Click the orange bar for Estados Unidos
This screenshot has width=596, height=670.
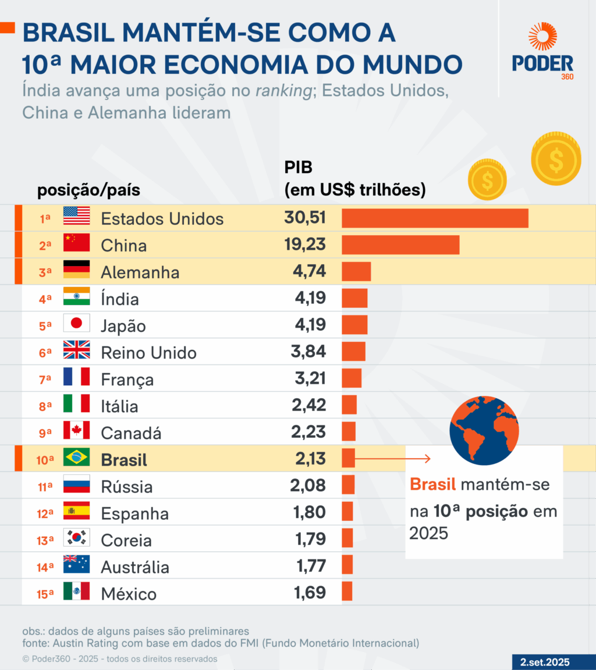tap(435, 218)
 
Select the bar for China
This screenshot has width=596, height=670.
tap(400, 245)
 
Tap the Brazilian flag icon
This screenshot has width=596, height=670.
tap(77, 458)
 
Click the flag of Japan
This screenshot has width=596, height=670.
tap(77, 323)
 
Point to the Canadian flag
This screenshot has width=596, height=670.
tap(77, 431)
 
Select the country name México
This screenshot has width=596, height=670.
tap(129, 594)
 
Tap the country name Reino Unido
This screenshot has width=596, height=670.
tap(148, 353)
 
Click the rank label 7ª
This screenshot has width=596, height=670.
tap(45, 380)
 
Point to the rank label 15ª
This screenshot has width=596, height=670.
tap(44, 594)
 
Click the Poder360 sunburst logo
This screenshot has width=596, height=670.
tap(542, 36)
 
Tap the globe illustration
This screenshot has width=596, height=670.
tap(484, 430)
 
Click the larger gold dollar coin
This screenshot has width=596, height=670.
tap(556, 159)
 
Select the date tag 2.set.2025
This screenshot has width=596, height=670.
tap(545, 662)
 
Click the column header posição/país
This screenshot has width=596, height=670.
tap(88, 191)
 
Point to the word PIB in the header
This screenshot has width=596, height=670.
tap(298, 168)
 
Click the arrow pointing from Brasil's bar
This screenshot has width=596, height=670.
tap(393, 459)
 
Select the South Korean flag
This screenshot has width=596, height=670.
tap(77, 538)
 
